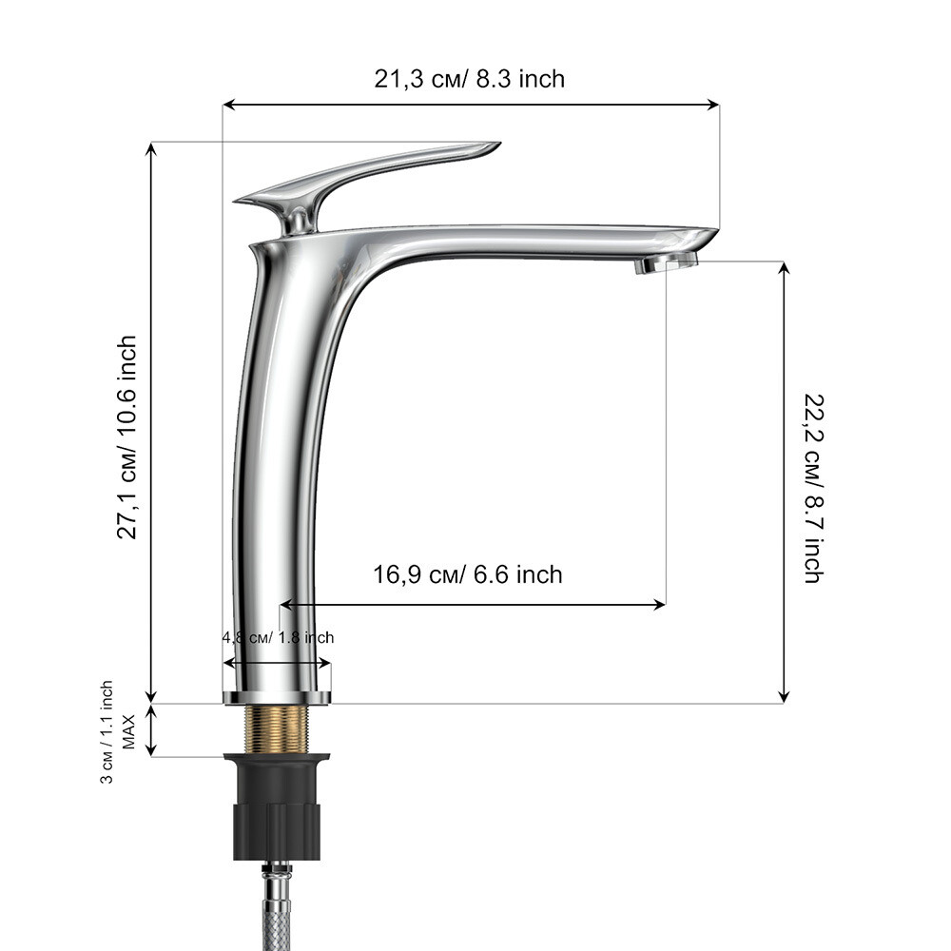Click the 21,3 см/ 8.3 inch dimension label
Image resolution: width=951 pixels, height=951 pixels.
click(469, 80)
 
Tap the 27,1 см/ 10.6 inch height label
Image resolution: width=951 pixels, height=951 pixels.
click(127, 437)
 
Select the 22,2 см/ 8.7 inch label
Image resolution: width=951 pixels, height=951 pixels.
click(815, 488)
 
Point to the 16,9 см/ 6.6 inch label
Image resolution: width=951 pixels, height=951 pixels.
click(468, 574)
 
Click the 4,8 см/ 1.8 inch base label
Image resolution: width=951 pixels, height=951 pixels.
click(278, 637)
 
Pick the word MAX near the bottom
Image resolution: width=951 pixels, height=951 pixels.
click(129, 732)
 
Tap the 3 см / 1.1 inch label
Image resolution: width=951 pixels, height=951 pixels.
click(107, 732)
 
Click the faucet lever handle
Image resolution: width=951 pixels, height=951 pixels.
click(366, 180)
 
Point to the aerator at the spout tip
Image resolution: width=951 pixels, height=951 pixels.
click(666, 263)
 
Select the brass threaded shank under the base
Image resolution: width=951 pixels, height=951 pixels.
click(277, 729)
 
